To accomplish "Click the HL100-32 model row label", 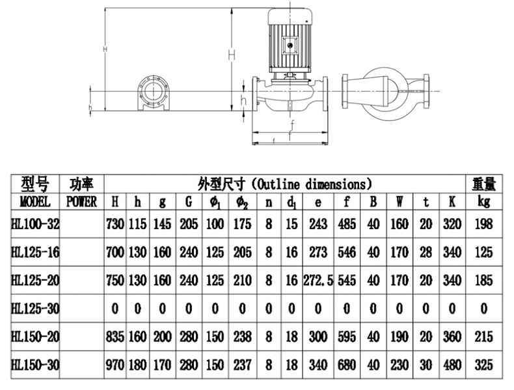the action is tap(35, 224).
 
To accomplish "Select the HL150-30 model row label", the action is tap(35, 365).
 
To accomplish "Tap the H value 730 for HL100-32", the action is tap(115, 224).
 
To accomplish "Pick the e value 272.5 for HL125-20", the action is tap(318, 281).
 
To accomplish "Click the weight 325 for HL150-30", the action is tap(484, 365).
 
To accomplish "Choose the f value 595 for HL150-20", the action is tap(347, 337).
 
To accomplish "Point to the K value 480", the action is tap(452, 365).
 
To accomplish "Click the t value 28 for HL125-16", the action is tap(426, 252).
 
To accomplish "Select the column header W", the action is tap(399, 202).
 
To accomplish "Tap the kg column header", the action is tap(484, 202).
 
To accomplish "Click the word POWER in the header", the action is tap(81, 202).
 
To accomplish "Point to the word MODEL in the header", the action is tap(35, 202).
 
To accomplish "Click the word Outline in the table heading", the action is tap(278, 184).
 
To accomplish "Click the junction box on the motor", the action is tap(290, 46).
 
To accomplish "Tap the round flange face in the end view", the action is tap(154, 91).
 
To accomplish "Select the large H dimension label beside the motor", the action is tap(232, 55).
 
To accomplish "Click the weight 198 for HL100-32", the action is tap(484, 224).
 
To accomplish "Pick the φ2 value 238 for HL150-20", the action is tap(242, 337).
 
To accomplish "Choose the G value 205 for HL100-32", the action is tap(189, 224).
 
